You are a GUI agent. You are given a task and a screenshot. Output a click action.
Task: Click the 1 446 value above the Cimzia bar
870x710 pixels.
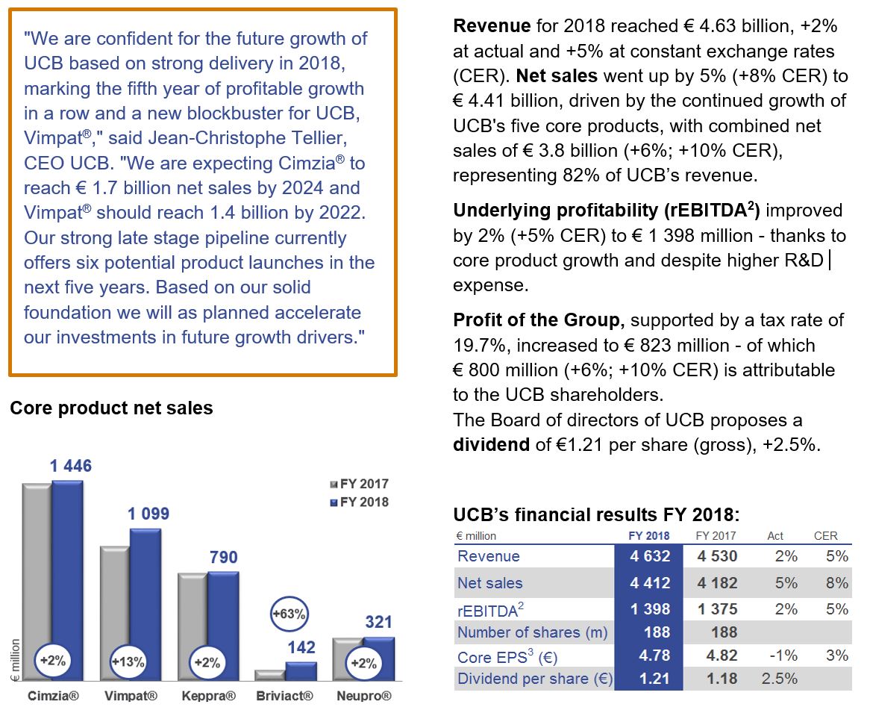(x=71, y=467)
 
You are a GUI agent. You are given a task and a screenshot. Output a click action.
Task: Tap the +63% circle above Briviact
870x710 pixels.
(x=287, y=614)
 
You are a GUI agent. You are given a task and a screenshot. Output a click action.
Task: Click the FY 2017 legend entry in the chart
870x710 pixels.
(x=359, y=484)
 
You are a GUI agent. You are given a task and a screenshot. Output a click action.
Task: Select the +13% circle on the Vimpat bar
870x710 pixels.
(x=128, y=661)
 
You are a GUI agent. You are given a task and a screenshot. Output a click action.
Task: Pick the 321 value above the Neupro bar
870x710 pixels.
(x=379, y=622)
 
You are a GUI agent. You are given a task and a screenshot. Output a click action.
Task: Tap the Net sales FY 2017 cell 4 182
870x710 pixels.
(x=717, y=583)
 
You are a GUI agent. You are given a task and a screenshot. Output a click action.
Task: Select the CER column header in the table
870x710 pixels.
(x=825, y=535)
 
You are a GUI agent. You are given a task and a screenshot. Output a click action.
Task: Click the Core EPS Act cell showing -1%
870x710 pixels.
(x=781, y=655)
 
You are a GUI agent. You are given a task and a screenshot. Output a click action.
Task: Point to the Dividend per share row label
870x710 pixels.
(x=534, y=679)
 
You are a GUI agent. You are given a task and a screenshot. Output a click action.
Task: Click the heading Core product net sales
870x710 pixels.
(x=111, y=408)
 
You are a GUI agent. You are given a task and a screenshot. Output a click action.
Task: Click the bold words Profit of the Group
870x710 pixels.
(x=536, y=320)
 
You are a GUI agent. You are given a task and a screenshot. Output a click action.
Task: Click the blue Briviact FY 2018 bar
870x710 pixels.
(x=301, y=670)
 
